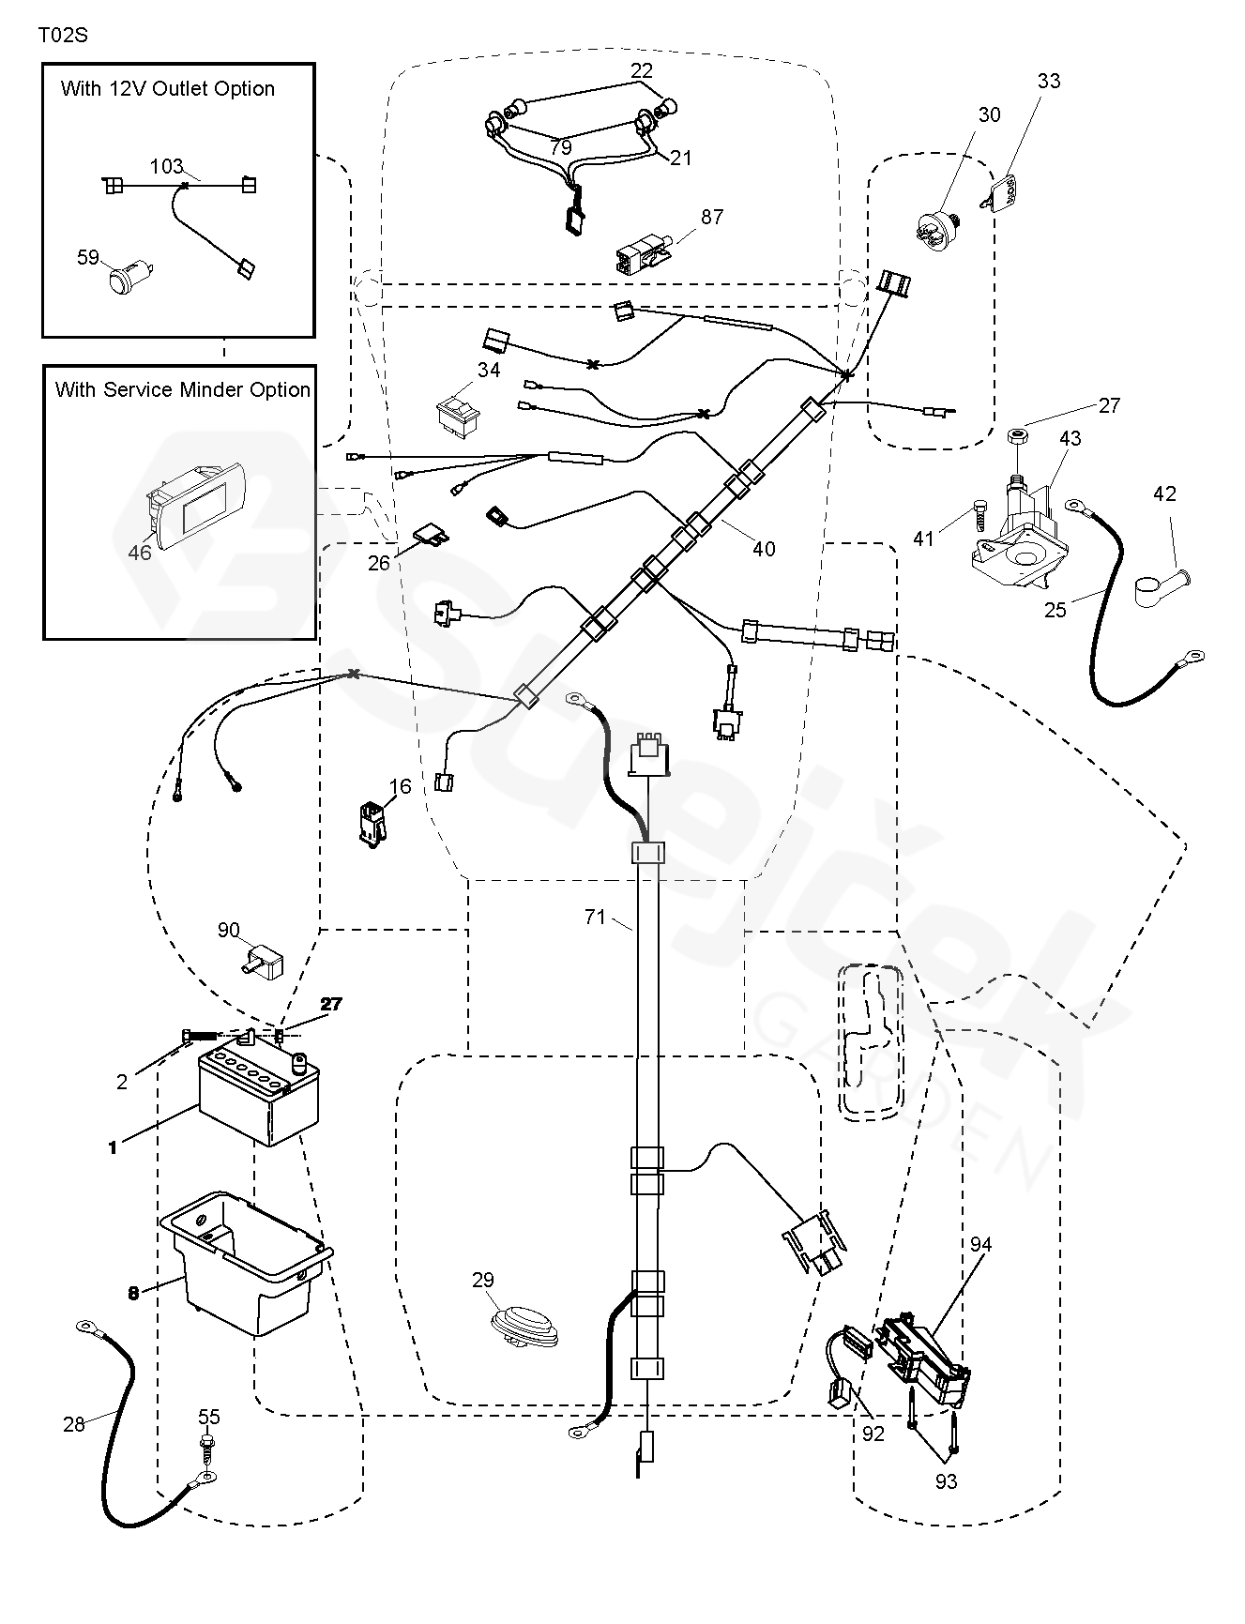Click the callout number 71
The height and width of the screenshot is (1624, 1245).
point(596,917)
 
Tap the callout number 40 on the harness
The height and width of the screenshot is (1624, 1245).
point(764,549)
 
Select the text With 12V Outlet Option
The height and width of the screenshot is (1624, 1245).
point(168,89)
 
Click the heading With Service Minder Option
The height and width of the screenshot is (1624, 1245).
point(183,389)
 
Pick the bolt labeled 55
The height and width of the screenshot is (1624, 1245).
point(205,1444)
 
